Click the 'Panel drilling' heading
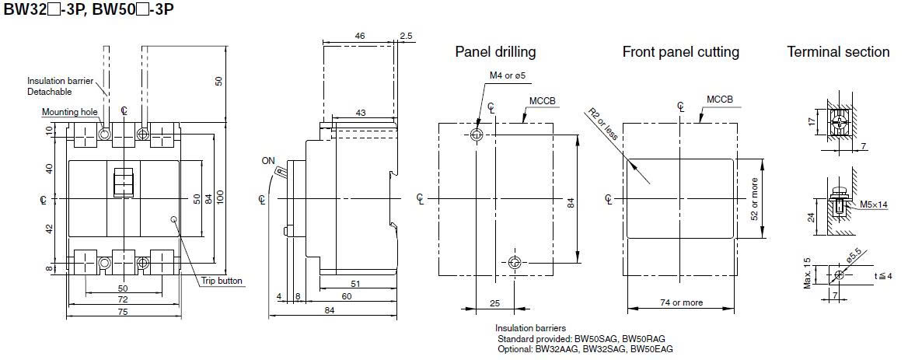point(495,52)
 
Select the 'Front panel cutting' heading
point(680,52)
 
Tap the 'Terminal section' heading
point(838,52)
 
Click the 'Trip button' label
point(223,281)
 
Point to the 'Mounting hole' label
point(70,112)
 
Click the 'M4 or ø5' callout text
point(508,75)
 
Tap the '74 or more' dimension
point(681,302)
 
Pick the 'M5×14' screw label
point(875,204)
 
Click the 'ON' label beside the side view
point(268,161)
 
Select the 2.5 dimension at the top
point(407,36)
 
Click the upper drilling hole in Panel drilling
point(477,135)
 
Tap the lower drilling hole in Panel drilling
point(514,263)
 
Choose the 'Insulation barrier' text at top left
point(60,81)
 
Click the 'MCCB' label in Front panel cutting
point(719,100)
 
